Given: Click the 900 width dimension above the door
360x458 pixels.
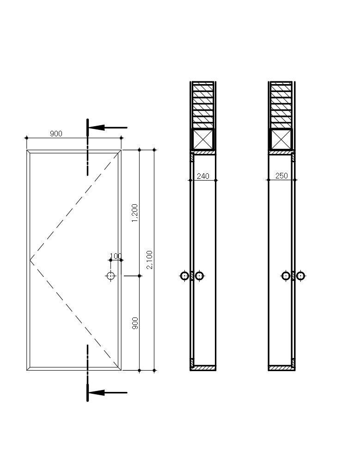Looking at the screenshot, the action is pos(56,134).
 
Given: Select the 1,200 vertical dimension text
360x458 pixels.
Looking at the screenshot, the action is pos(135,213).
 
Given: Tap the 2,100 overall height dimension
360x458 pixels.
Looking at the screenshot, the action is pos(149,260).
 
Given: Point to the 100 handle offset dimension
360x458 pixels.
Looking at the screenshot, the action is pos(115,256).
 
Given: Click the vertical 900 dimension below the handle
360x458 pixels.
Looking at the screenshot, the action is pos(135,323).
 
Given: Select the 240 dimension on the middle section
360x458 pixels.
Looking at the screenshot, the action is pos(203,176).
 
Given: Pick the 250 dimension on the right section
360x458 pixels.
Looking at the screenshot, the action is pos(281,176).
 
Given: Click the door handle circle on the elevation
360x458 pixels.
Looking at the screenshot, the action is pos(111,276).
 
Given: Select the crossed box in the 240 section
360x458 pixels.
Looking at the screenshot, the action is pos(203,139).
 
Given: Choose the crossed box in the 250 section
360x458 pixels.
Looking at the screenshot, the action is pos(281,139).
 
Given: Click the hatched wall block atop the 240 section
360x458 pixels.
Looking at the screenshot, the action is pos(203,105).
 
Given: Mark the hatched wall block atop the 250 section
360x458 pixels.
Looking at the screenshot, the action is pos(281,105).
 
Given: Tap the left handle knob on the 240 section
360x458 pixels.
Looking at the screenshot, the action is pos(185,276).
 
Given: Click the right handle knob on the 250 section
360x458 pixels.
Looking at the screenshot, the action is pos(300,276).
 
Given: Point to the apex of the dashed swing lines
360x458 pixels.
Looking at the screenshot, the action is pos(31,260).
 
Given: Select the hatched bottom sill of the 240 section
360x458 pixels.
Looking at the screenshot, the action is pos(203,368).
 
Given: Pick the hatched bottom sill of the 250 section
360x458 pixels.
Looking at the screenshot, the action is pos(281,368).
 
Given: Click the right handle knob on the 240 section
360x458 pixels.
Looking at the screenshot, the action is pos(199,276).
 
